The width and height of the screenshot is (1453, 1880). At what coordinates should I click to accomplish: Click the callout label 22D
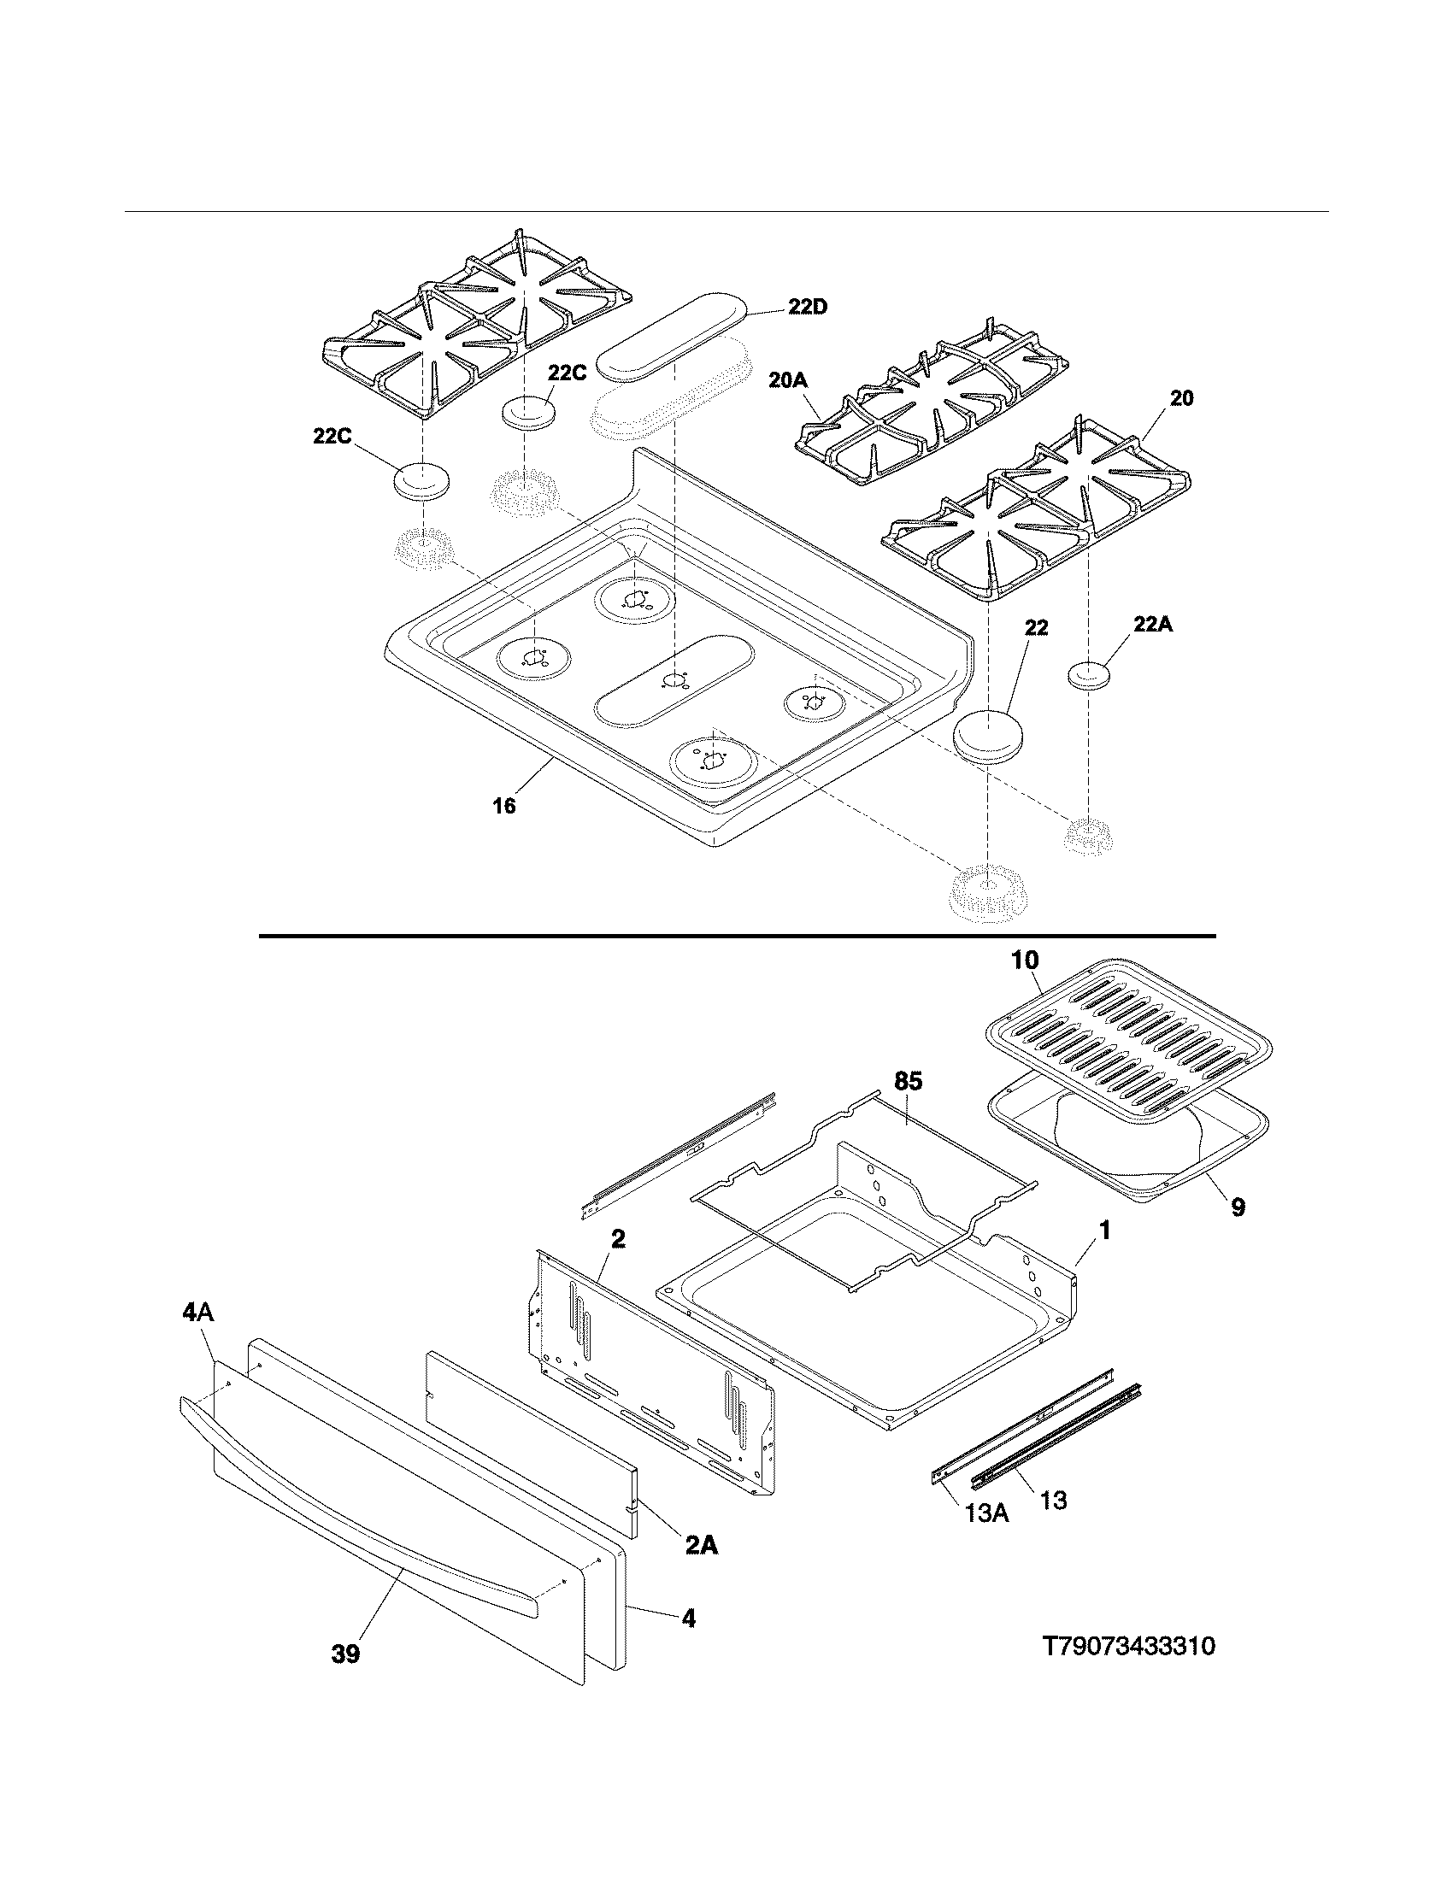pos(807,307)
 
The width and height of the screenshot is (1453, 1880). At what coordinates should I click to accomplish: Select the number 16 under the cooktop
pos(504,806)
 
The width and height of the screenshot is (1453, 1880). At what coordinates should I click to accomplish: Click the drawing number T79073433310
pos(1128,1647)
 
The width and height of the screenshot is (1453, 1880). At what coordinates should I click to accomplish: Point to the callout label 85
pos(908,1081)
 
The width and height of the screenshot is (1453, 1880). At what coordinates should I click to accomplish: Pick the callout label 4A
pos(198,1313)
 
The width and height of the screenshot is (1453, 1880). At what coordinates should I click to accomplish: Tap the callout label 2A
pos(702,1546)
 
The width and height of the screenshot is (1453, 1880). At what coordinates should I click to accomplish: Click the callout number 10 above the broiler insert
pos(1024,960)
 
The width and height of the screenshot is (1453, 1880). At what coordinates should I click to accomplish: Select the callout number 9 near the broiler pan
pos(1237,1207)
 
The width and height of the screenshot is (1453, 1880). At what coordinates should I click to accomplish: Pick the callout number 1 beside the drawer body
pos(1105,1231)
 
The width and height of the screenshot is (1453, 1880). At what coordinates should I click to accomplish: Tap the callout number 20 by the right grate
pos(1182,398)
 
